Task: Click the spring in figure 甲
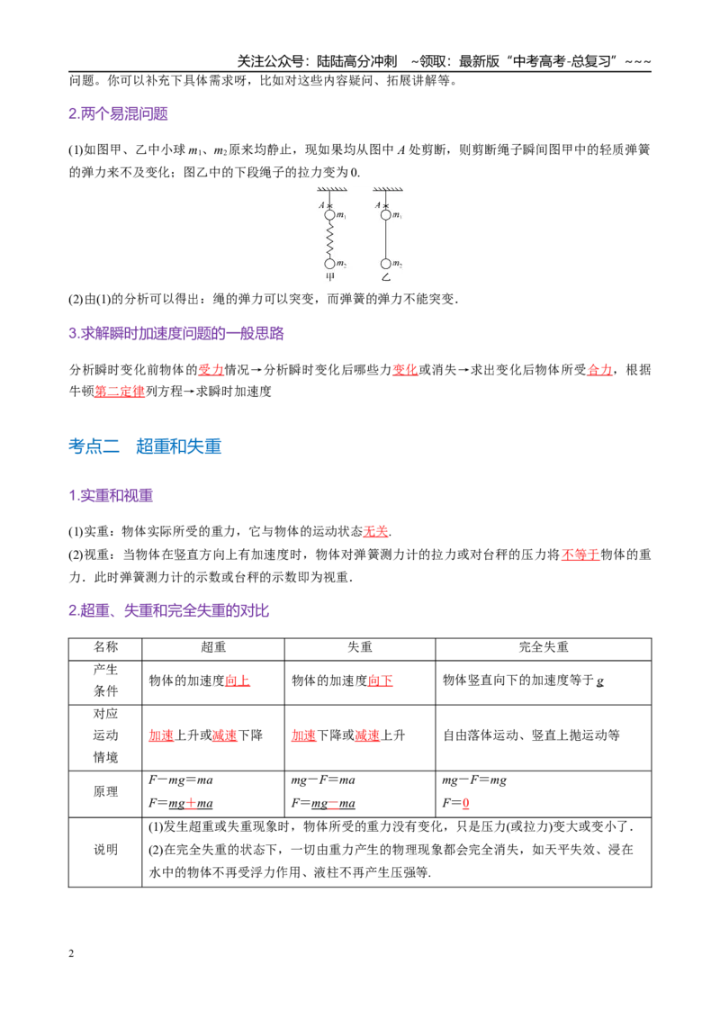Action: tap(329, 239)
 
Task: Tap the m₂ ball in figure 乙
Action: tap(385, 264)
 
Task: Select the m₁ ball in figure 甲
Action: tap(329, 215)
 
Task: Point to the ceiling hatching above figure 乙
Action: tap(388, 190)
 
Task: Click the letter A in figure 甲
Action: tap(321, 205)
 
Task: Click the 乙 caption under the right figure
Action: tap(386, 277)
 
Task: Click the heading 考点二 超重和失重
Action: tap(145, 446)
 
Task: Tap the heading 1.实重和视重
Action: tap(111, 496)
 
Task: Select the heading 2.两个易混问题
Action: tap(118, 113)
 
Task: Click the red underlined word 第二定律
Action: tap(120, 392)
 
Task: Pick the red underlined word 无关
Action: tap(375, 532)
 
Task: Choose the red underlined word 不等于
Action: tap(580, 555)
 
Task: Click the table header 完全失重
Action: tap(544, 647)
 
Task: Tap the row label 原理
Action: tap(105, 791)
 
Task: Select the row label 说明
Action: tap(105, 850)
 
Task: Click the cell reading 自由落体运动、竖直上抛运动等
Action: tap(531, 735)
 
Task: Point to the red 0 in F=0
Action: tap(465, 803)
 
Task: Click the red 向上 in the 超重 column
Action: tap(238, 681)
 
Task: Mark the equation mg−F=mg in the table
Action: tap(474, 780)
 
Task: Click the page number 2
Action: tap(71, 954)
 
